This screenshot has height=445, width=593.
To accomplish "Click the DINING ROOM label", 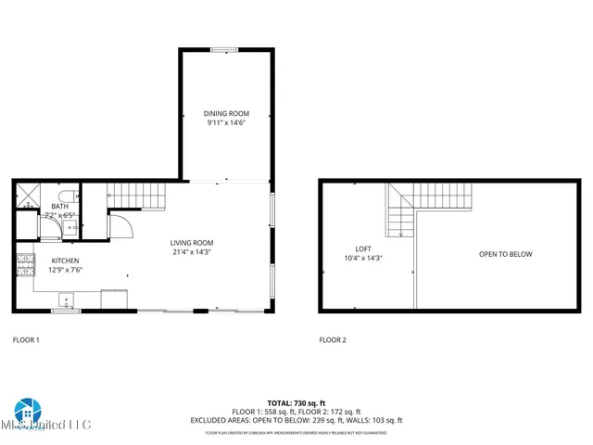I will tap(226, 113).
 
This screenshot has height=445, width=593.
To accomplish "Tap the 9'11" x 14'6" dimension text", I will tap(226, 122).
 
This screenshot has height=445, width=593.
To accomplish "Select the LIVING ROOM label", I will tap(192, 243).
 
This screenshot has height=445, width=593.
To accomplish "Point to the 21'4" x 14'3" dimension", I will tap(192, 252).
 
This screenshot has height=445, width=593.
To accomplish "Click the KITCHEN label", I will tap(65, 261).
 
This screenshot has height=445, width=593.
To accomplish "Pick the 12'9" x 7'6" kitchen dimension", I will tap(65, 270).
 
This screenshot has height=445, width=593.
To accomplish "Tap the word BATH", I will tap(59, 207).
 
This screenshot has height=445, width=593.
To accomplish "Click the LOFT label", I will tap(363, 248).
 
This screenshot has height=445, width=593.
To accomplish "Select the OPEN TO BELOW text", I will tap(505, 254).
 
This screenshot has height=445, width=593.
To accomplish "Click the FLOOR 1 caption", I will tap(26, 340).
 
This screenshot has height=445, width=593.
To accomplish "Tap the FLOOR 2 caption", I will tap(333, 340).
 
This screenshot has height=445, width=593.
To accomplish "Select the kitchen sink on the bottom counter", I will tap(66, 299).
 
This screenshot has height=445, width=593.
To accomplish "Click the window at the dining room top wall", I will tap(226, 49).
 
